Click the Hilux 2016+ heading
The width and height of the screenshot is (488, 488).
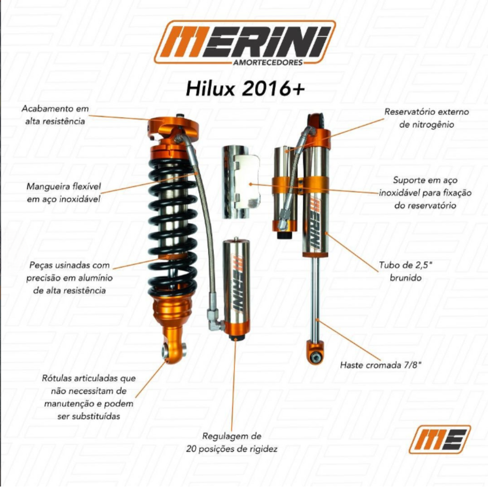[245, 89]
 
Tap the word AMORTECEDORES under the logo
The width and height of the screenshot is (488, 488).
[267, 62]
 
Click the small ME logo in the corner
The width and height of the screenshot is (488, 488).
[439, 439]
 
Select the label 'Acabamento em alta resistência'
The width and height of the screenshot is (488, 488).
[55, 115]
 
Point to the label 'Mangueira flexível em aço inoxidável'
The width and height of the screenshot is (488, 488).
[64, 193]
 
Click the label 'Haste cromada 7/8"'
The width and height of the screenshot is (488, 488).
[381, 365]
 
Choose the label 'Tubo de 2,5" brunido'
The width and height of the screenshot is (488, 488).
[405, 271]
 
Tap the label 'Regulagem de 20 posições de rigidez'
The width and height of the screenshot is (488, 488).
[232, 442]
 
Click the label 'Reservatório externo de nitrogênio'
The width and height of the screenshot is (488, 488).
[427, 118]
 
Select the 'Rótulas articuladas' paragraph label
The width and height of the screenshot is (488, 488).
[89, 397]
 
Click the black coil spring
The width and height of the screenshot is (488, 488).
[172, 227]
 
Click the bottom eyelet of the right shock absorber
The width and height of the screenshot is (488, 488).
[316, 353]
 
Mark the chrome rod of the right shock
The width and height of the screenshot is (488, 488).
[316, 299]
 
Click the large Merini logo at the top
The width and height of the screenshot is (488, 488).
[245, 43]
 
